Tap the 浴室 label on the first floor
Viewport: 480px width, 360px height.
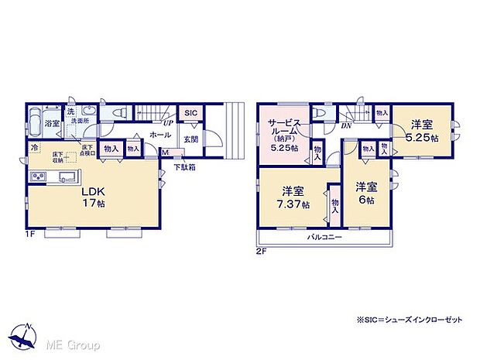52,123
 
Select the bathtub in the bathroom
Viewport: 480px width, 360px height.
35,122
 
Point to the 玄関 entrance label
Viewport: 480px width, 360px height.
191,139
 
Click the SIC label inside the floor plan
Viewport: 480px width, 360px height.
190,114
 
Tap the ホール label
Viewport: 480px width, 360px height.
160,135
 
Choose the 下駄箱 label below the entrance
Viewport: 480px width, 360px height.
183,166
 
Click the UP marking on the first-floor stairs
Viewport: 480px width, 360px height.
167,122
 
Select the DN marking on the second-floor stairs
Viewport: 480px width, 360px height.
346,125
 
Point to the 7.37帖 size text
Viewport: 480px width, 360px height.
296,205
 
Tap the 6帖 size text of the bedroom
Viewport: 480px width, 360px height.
366,200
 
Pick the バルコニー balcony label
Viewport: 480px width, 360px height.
324,236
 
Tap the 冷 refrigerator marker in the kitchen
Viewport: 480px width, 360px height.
34,146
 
